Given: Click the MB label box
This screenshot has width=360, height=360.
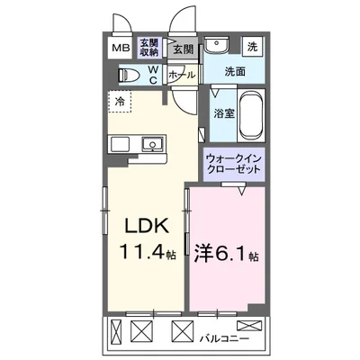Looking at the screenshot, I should pos(120,49).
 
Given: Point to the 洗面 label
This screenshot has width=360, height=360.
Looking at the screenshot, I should pos(235,71).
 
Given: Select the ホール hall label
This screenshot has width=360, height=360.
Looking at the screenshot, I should pos(182,76).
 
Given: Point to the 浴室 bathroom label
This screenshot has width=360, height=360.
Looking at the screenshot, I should pos(224,114).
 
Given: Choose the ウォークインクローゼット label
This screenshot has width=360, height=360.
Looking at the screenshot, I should pos(233,162).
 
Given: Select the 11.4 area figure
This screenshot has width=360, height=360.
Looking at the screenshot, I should pos(135,252).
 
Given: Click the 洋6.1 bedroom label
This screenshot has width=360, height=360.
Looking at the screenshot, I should pos(221,254).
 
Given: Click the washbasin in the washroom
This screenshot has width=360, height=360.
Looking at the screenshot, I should pos(217,47).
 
